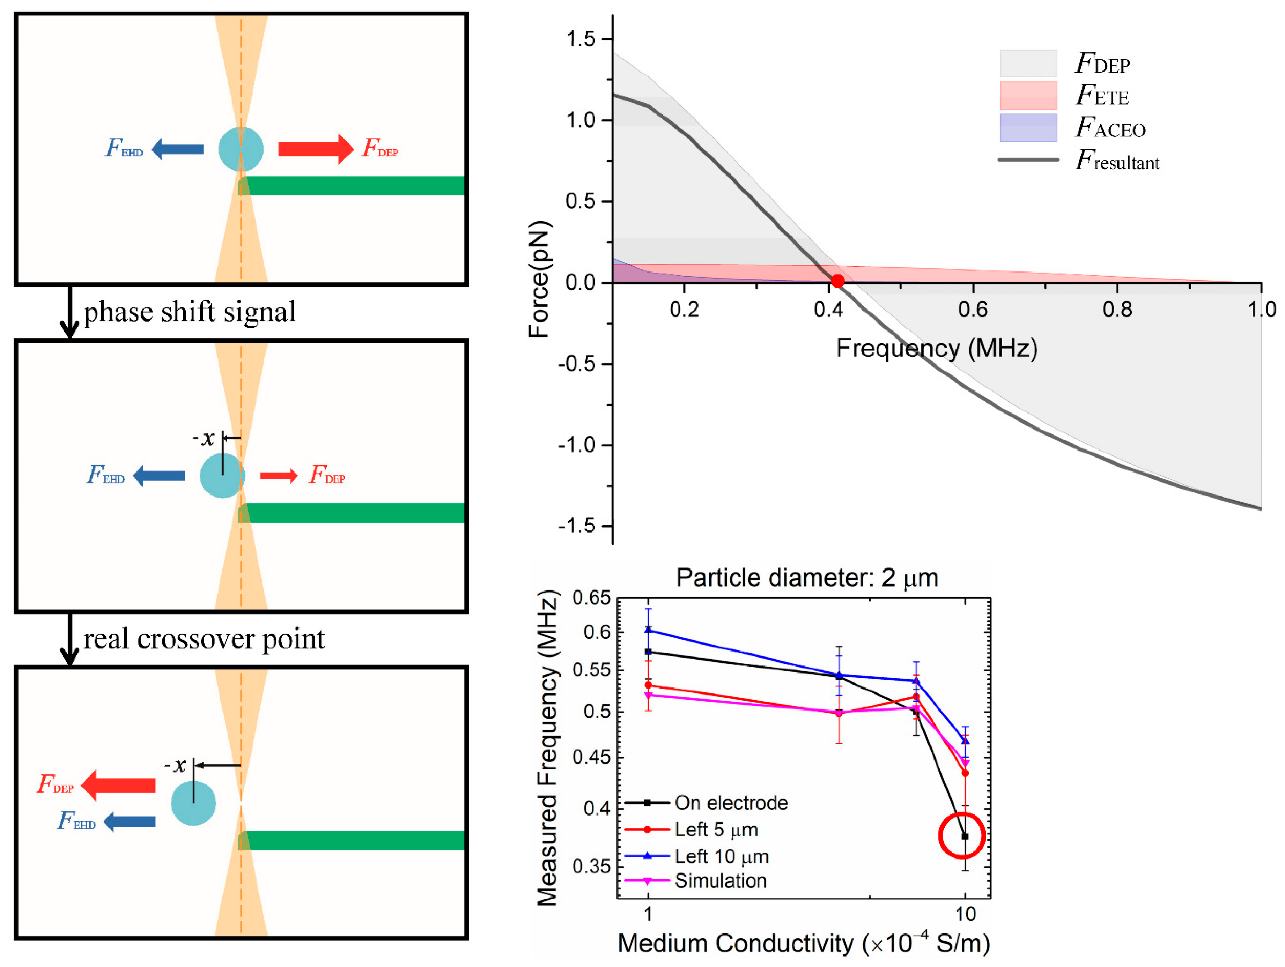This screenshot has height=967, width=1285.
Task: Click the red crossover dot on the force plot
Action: pos(836,281)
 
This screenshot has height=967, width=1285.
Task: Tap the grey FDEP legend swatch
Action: pos(1028,63)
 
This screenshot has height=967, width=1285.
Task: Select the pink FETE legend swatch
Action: pos(1028,95)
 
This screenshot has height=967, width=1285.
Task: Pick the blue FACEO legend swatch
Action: pos(1028,128)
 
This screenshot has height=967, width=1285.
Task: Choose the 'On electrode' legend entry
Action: pos(730,803)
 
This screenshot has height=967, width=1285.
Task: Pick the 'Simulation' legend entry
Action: pos(720,880)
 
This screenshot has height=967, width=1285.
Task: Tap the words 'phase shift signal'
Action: pos(189,312)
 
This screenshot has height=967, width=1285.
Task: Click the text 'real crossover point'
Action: pos(204,639)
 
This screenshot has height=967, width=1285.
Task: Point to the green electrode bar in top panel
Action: pos(352,186)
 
